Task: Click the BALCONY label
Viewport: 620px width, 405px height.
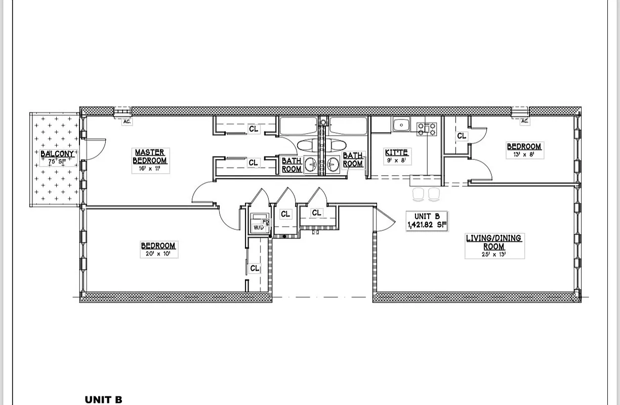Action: click(x=57, y=153)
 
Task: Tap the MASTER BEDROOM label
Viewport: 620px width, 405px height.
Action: click(x=150, y=156)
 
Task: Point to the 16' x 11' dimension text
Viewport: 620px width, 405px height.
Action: click(x=150, y=169)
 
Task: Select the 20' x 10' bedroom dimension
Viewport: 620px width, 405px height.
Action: click(x=158, y=254)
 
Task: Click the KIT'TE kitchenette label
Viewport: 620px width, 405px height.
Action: click(x=396, y=152)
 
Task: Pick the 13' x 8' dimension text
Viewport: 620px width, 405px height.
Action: click(x=524, y=155)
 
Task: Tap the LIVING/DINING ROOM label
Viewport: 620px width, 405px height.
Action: click(x=493, y=242)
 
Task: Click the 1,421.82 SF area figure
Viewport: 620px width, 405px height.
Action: click(x=427, y=225)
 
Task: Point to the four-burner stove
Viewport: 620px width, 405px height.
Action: click(x=426, y=129)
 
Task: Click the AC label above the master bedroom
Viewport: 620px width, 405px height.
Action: click(x=127, y=121)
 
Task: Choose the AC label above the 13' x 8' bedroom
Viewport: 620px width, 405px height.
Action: click(x=524, y=121)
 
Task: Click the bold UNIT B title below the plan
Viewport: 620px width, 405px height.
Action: click(x=104, y=400)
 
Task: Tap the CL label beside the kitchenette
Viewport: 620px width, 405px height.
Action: click(x=462, y=136)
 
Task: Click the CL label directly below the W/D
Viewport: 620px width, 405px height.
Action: click(x=255, y=268)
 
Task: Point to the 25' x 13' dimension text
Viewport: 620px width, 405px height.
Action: click(x=493, y=255)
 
